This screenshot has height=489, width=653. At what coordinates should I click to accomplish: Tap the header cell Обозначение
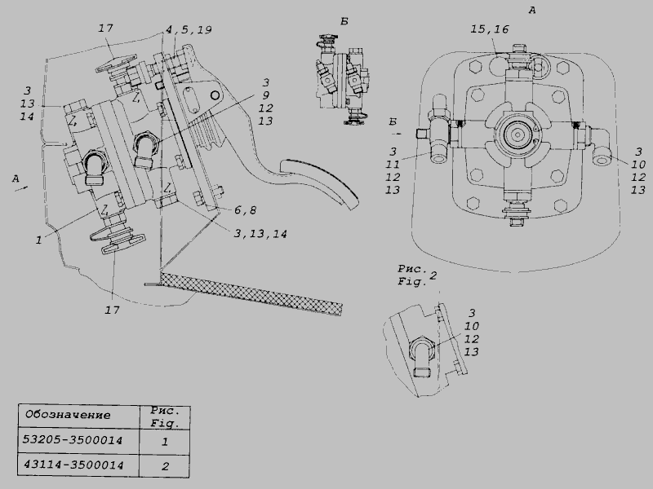tap(68, 415)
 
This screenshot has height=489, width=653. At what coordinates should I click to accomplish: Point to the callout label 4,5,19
tap(189, 29)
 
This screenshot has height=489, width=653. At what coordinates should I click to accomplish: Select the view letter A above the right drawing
tap(532, 10)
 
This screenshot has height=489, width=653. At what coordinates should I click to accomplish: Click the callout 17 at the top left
tap(104, 29)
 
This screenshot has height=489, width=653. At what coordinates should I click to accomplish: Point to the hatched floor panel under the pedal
tap(253, 290)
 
